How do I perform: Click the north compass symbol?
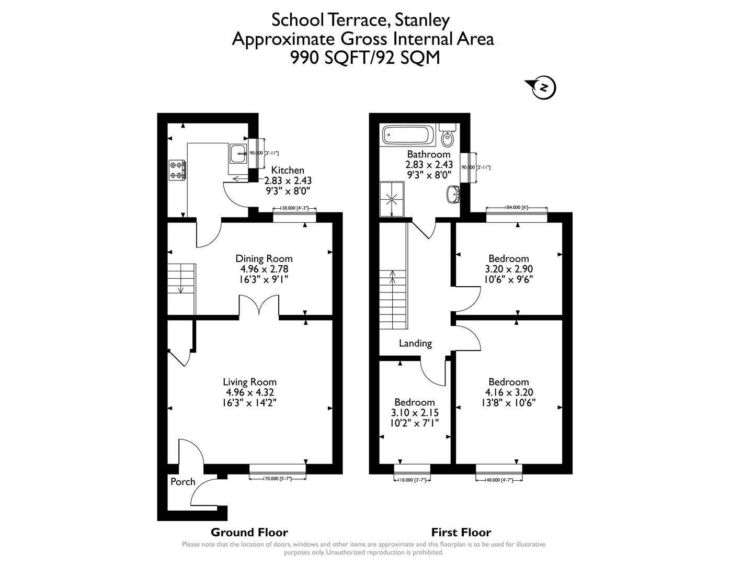543,88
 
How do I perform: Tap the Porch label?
182,482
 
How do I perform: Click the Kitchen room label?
288,170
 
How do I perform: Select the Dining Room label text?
264,258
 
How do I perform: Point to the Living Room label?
249,382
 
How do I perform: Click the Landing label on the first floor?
415,343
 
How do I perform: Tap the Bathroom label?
429,154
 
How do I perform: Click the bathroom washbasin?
453,194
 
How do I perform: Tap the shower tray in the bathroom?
392,199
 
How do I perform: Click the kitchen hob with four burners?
176,169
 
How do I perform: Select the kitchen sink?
238,153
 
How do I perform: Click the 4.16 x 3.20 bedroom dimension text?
509,392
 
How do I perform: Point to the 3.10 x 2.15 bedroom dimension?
415,413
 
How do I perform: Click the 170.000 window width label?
278,478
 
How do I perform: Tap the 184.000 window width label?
517,208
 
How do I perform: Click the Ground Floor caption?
249,533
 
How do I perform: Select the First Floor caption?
461,533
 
